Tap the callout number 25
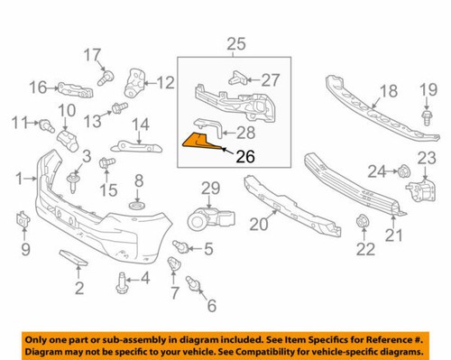(235, 42)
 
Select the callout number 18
(387, 90)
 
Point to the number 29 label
(209, 188)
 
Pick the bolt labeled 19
(426, 115)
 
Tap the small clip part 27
(237, 78)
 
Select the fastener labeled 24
(401, 171)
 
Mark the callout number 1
(19, 180)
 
